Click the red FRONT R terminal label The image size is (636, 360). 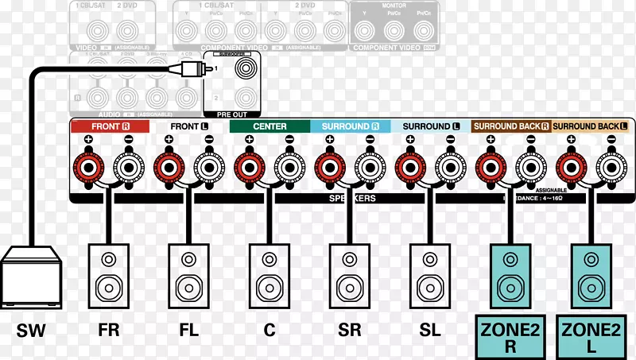pyautogui.click(x=109, y=126)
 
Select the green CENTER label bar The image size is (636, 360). pyautogui.click(x=270, y=126)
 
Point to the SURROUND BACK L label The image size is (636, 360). pyautogui.click(x=590, y=126)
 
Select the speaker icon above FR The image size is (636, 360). pyautogui.click(x=109, y=274)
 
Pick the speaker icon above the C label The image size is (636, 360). pyautogui.click(x=270, y=274)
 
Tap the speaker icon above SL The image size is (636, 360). pyautogui.click(x=430, y=274)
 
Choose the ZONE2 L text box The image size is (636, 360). pyautogui.click(x=591, y=335)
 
